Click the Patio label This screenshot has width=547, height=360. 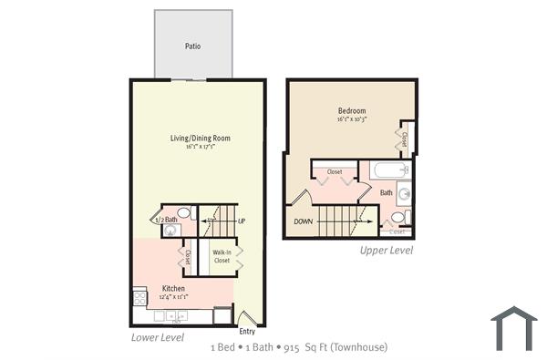192,45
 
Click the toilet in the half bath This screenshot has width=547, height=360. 183,213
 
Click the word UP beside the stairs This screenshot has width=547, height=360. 242,221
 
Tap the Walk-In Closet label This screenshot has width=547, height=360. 222,256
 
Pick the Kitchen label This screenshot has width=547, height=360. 174,288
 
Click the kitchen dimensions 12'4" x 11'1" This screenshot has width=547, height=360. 174,297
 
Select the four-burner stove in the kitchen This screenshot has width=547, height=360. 140,297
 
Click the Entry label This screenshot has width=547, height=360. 247,331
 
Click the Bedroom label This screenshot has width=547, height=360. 351,111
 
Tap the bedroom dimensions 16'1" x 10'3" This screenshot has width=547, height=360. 351,120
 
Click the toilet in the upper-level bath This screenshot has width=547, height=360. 397,217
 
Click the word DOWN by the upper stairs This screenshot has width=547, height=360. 304,221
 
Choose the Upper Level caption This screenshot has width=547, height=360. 386,250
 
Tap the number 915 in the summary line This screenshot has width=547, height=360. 292,347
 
